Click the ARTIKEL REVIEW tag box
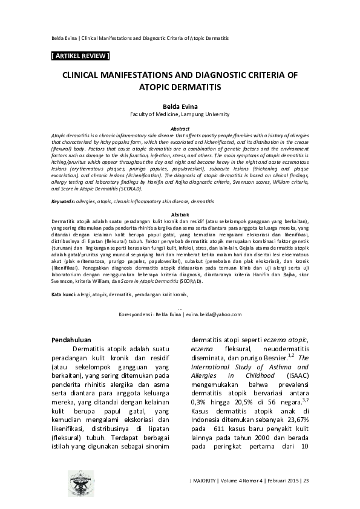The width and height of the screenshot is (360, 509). tap(82, 56)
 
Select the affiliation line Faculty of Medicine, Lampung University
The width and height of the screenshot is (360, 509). tap(180, 113)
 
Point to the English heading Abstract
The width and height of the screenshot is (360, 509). tap(180, 129)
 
